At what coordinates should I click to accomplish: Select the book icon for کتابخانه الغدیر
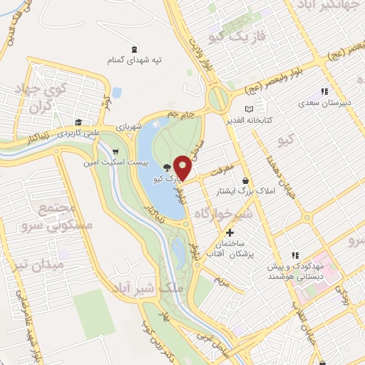pyautogui.click(x=249, y=108)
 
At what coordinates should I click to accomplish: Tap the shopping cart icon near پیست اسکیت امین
pyautogui.click(x=115, y=151)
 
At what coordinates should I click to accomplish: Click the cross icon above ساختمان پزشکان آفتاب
pyautogui.click(x=230, y=232)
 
